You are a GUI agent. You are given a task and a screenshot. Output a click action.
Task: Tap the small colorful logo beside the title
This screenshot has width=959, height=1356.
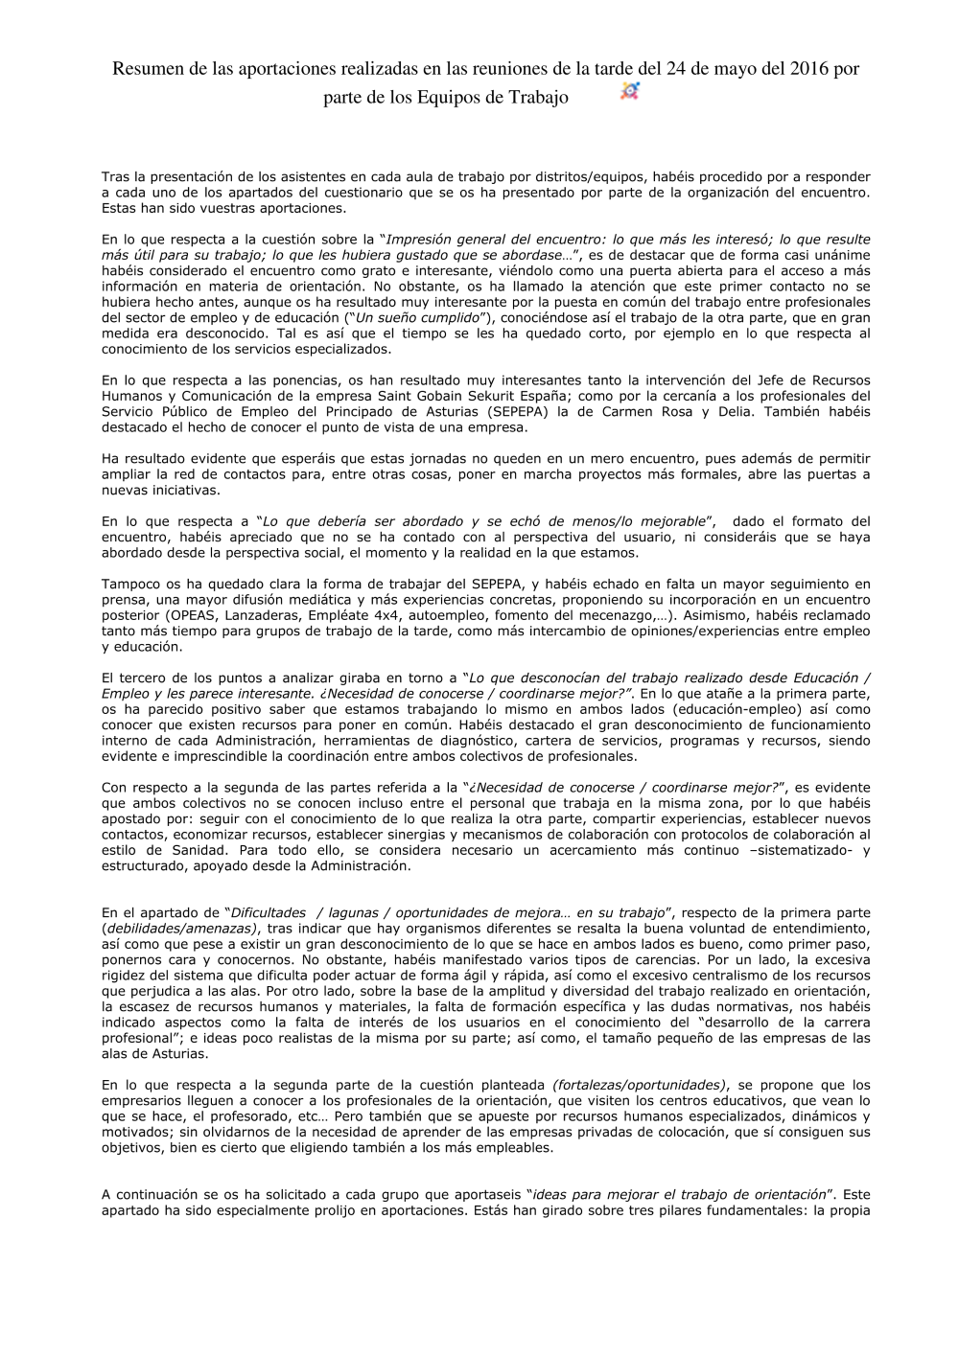tap(629, 91)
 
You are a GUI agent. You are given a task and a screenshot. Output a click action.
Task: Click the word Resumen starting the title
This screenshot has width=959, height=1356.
tap(146, 69)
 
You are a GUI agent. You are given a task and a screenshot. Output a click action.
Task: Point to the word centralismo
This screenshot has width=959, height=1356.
tap(747, 975)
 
